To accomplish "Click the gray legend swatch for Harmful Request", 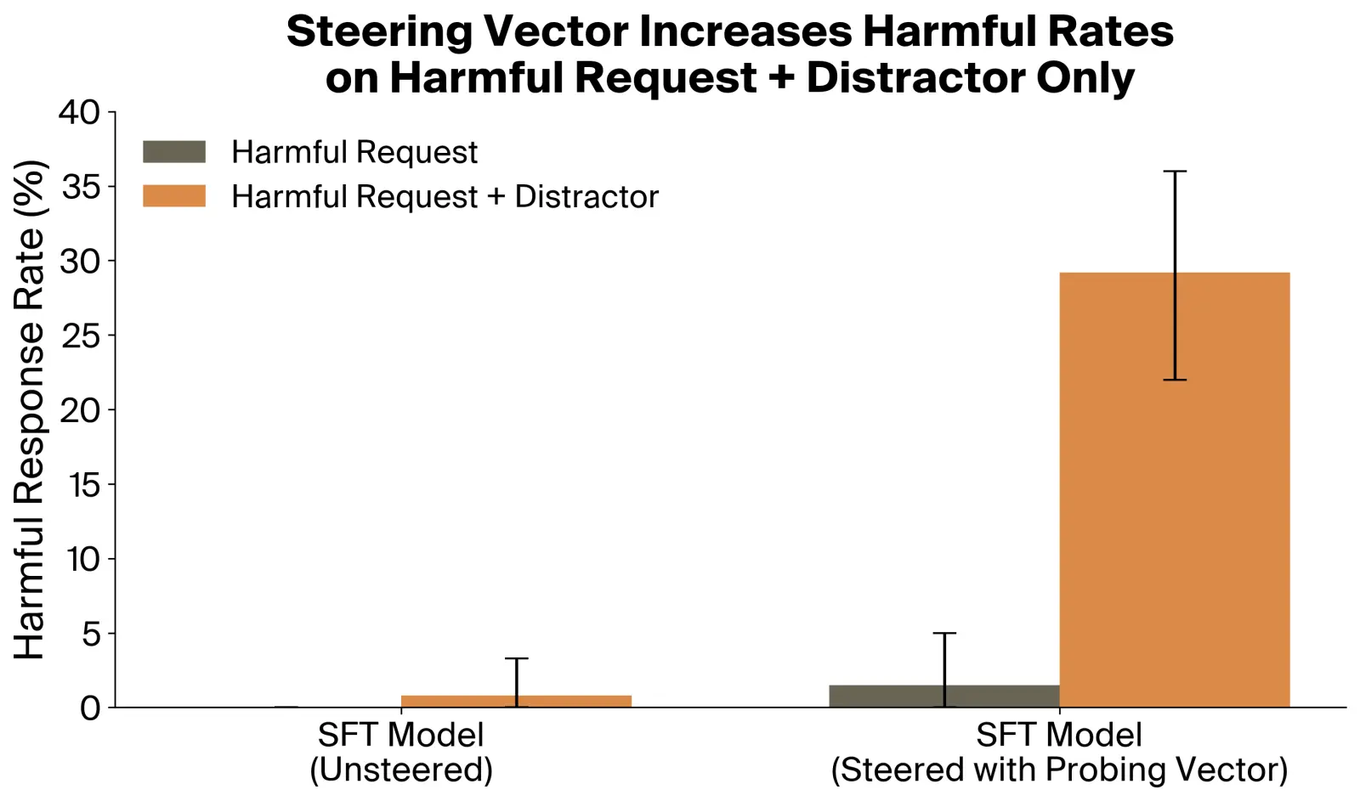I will coord(174,152).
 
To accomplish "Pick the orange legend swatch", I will coord(174,196).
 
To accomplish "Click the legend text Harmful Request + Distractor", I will coord(445,196).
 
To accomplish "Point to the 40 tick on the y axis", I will coord(78,112).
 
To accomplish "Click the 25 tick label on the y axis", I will coord(79,336).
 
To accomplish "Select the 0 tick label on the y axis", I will coord(90,708).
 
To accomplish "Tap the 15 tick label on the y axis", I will coord(83,485).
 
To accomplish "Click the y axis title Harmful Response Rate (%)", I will coord(29,409).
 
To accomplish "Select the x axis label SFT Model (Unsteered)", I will coord(401,752).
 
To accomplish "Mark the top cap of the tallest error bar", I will coord(1175,172).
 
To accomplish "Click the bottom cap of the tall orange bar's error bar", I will coord(1175,380).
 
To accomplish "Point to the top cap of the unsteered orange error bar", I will coord(516,658).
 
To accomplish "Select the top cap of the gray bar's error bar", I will coord(944,633).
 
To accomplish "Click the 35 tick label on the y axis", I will coord(80,187).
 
